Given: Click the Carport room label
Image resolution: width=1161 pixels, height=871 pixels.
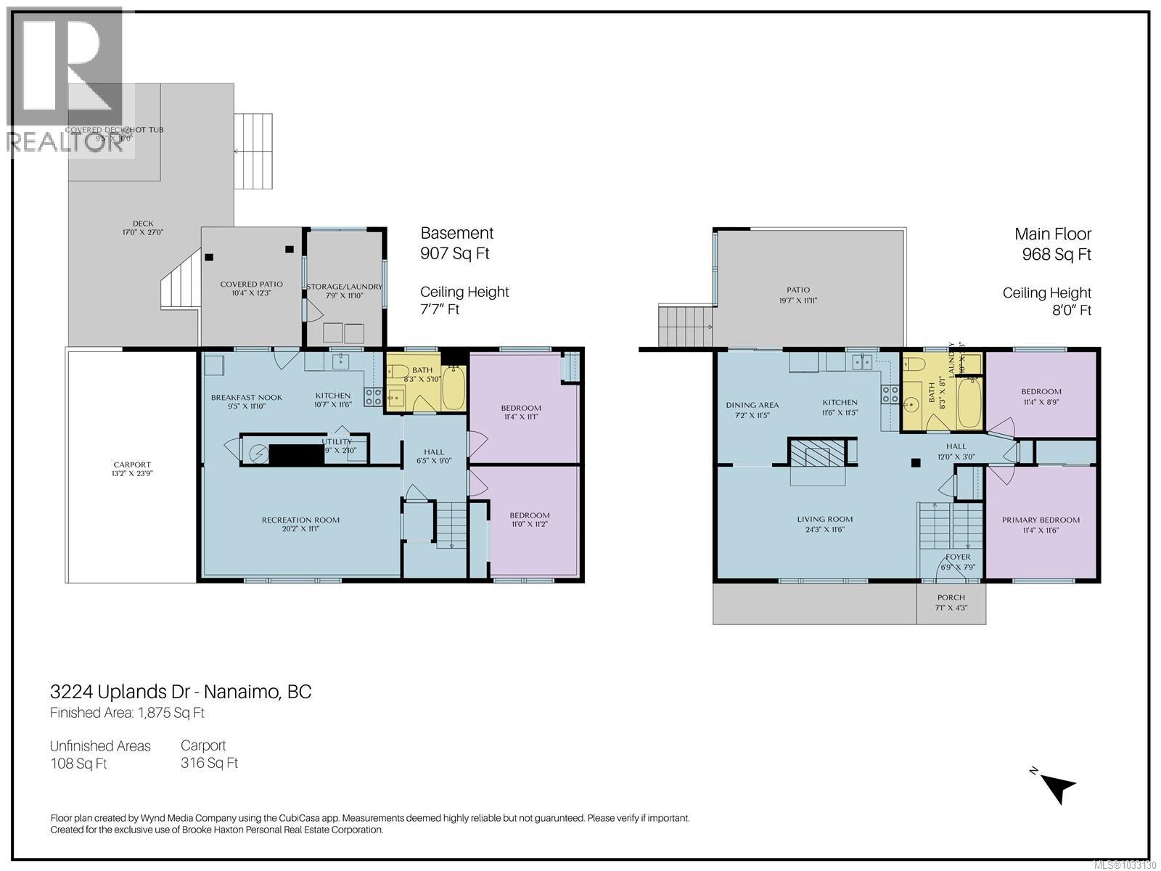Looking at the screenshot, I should [x=132, y=465].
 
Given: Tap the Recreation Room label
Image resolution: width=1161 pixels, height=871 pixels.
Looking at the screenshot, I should [x=300, y=520].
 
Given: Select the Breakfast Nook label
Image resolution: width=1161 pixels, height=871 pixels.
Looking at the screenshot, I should [x=247, y=397].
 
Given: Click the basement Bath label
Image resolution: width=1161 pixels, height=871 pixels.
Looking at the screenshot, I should [x=422, y=370].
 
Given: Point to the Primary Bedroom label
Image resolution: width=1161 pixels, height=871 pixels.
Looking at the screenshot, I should [x=1041, y=520].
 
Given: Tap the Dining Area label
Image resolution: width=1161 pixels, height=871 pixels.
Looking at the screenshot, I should [x=752, y=405].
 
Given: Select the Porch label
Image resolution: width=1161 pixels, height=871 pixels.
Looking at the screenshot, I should [x=951, y=597].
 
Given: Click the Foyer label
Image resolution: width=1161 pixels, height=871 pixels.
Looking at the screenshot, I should [x=958, y=557].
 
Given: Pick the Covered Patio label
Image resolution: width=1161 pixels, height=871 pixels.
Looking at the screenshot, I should [x=251, y=284].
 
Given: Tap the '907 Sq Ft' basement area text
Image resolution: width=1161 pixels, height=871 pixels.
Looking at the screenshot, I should [x=455, y=254].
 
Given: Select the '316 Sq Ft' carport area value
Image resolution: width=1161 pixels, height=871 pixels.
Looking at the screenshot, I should [x=209, y=763].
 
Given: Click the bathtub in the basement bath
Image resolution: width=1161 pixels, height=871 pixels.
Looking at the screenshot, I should [x=454, y=388].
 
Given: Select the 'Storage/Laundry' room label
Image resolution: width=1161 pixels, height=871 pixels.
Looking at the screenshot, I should [x=344, y=287].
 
